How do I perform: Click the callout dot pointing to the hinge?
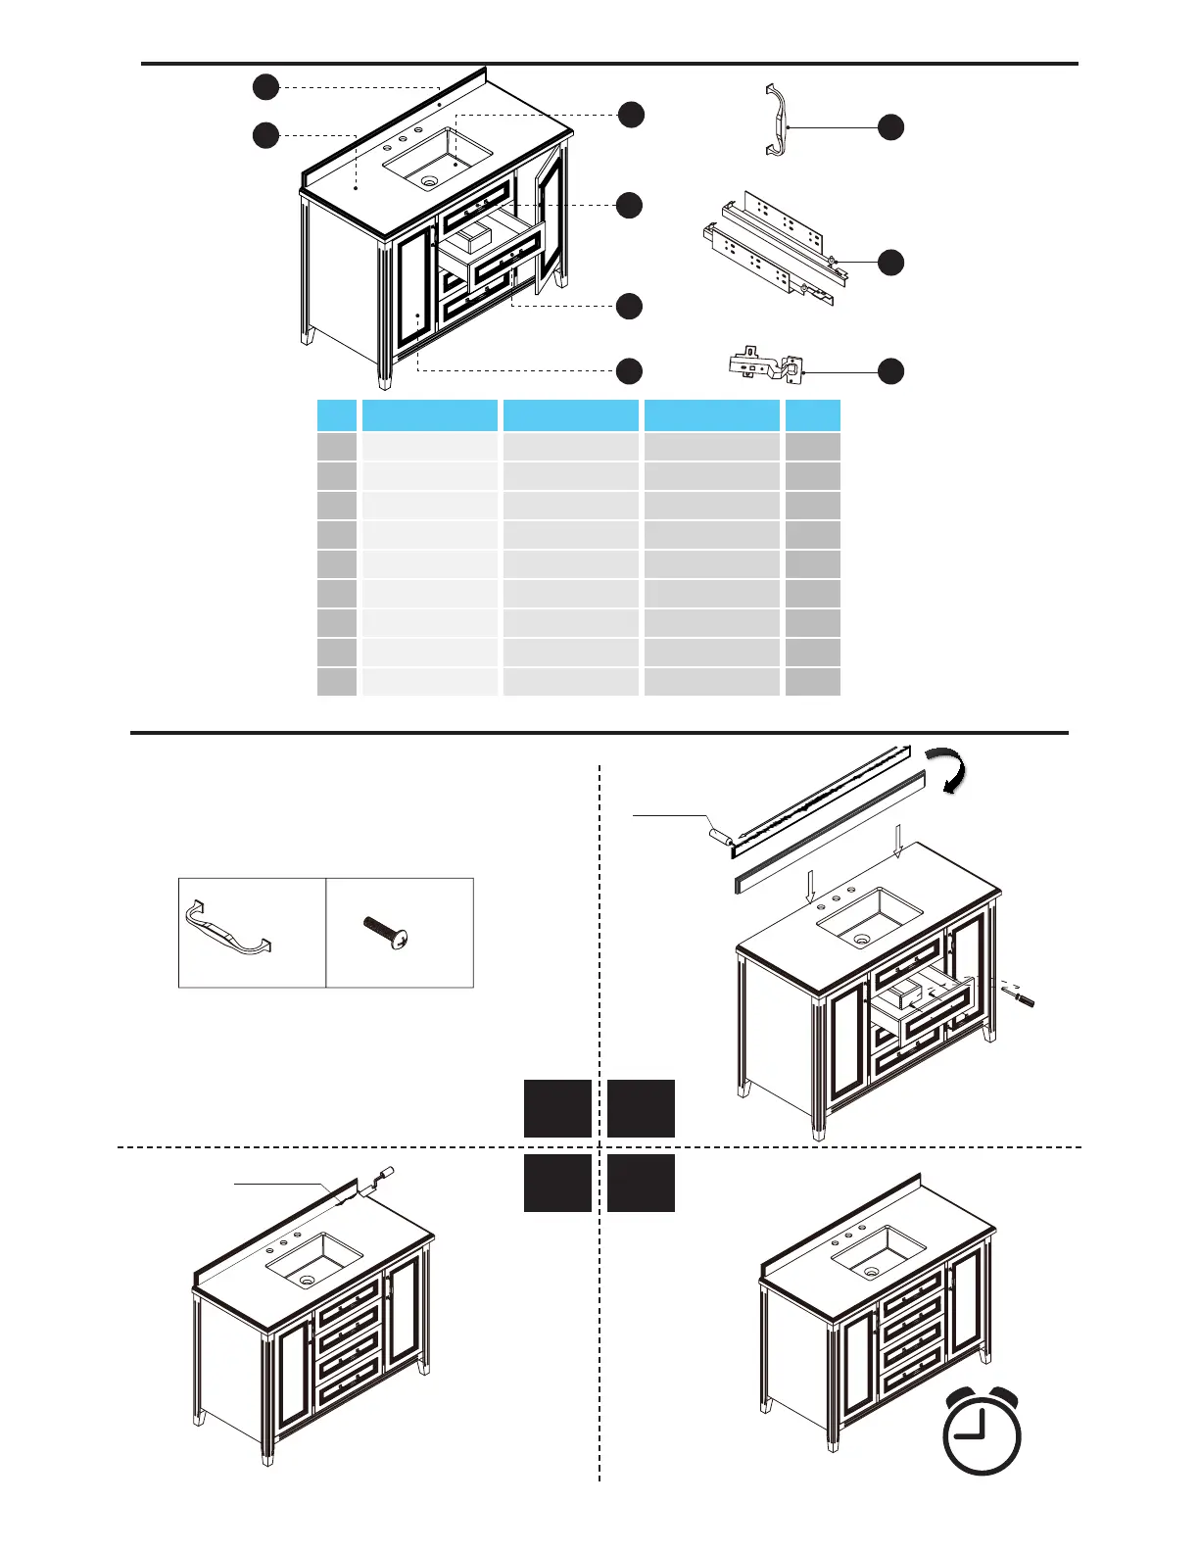click(890, 371)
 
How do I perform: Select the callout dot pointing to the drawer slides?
click(890, 263)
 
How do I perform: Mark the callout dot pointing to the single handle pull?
click(890, 126)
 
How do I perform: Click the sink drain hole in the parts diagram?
click(428, 181)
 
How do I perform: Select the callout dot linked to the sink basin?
click(631, 115)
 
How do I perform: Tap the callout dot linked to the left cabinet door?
click(629, 370)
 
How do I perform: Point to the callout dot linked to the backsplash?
click(265, 87)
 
